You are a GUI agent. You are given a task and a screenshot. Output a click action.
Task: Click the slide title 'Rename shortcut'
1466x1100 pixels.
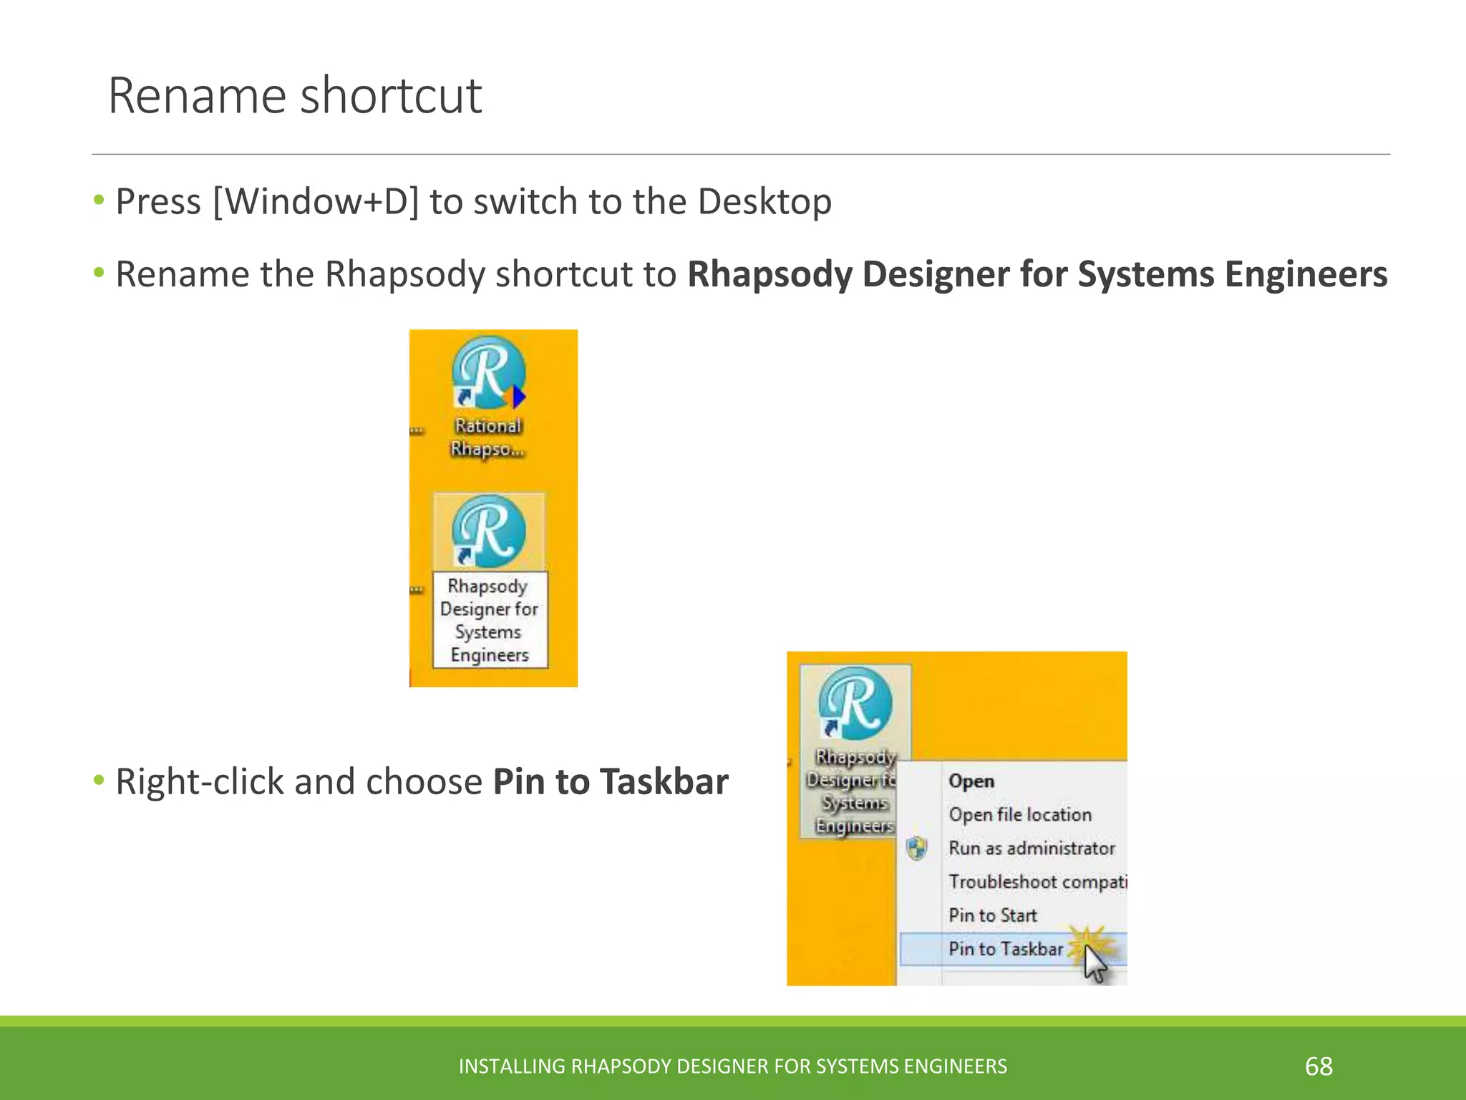295,95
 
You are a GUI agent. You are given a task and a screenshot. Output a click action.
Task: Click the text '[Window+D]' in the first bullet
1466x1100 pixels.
316,201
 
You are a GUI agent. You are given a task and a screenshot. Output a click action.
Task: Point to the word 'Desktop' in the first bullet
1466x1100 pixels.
764,201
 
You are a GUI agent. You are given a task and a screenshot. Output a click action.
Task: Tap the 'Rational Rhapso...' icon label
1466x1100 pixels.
488,437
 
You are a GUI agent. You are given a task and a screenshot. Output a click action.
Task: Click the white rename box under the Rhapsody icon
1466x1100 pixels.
490,620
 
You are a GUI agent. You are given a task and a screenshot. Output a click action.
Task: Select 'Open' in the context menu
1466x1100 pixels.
971,781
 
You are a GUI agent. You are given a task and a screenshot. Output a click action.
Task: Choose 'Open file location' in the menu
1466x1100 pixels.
1020,814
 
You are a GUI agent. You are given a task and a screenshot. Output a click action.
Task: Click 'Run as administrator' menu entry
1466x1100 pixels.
1031,848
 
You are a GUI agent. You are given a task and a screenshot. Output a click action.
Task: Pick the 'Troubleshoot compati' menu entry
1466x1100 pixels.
1037,882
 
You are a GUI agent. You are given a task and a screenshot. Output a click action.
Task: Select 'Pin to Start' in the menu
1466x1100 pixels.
993,915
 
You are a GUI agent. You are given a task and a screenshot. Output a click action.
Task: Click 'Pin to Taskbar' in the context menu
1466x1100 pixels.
1006,949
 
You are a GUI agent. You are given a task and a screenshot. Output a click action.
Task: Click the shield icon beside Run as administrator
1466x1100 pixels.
917,848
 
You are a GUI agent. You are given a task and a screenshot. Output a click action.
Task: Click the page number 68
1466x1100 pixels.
1319,1066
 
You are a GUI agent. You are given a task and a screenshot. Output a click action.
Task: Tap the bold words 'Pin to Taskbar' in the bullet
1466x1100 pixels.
611,781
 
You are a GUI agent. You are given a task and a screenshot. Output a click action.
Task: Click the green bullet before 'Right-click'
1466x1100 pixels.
99,779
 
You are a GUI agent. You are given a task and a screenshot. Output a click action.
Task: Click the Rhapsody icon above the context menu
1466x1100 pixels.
855,703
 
